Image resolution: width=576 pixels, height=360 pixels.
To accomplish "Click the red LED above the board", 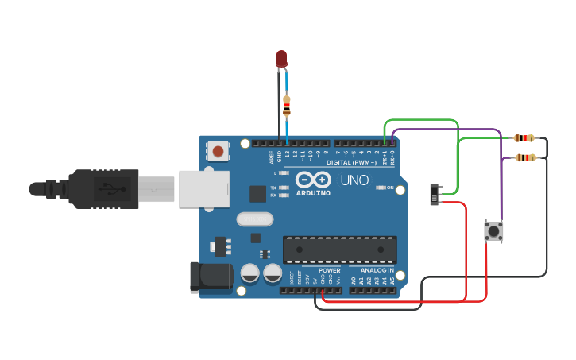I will (281, 58).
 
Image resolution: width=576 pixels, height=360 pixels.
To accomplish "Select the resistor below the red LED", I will (287, 105).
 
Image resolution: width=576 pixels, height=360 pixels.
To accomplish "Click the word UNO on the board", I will (354, 180).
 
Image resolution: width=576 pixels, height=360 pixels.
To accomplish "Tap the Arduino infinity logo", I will (313, 179).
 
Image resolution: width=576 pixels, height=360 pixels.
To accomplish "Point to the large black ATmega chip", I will (339, 250).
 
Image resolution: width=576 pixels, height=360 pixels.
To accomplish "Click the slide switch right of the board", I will (435, 194).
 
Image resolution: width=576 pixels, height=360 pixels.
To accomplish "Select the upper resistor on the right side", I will (524, 138).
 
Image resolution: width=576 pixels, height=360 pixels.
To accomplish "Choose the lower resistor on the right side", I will (526, 157).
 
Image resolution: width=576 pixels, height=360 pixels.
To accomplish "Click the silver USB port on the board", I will (203, 189).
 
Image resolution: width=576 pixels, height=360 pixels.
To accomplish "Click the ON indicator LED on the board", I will (381, 188).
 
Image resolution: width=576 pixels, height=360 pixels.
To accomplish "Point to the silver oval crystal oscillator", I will (254, 219).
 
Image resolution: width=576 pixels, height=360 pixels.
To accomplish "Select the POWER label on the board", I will (330, 270).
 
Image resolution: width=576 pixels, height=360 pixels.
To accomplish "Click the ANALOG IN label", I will (372, 270).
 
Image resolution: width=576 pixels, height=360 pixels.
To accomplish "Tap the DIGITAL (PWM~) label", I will (355, 161).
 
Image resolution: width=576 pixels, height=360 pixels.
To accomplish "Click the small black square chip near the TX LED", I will (257, 193).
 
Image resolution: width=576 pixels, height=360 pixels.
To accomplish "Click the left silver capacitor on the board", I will (250, 273).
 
